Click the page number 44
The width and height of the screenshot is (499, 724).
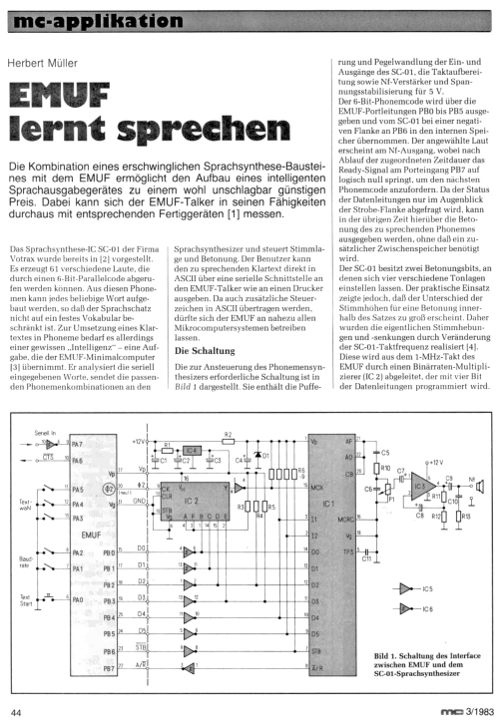click(17, 711)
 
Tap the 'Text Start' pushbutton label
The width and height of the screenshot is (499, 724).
click(27, 601)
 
